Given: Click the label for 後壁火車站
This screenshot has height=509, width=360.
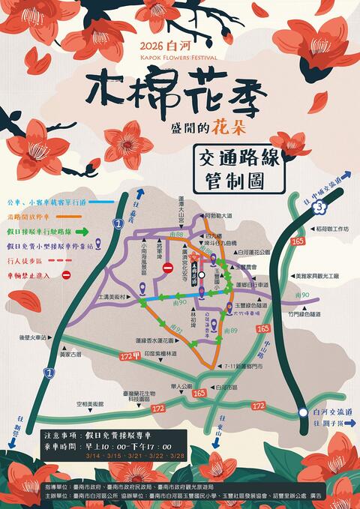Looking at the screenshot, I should tap(34, 338).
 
